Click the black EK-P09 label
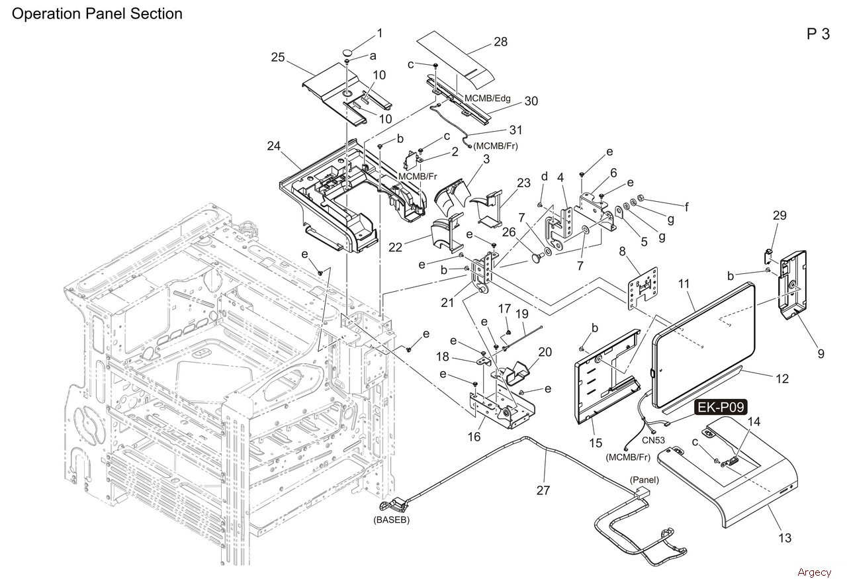click(x=721, y=408)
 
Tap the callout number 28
click(x=501, y=42)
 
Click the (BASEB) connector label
click(x=391, y=520)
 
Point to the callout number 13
click(x=785, y=538)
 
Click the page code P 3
click(x=819, y=34)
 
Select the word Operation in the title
click(x=47, y=14)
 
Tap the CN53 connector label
click(x=653, y=440)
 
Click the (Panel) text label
click(x=645, y=480)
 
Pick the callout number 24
click(x=274, y=146)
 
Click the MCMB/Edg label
click(x=488, y=99)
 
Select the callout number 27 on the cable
click(x=543, y=490)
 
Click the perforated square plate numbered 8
click(x=643, y=288)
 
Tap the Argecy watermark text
click(x=815, y=572)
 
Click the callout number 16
click(x=474, y=437)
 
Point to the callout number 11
click(x=684, y=284)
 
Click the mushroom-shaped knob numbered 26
click(x=537, y=258)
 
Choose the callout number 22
click(x=395, y=247)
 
